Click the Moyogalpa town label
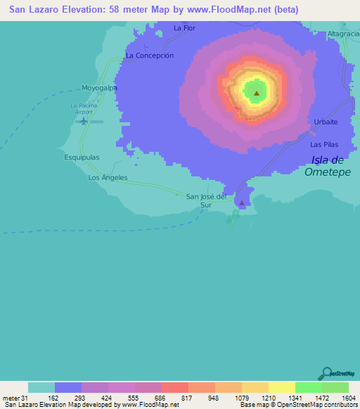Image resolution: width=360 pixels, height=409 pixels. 98,88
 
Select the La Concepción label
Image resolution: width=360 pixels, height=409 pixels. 149,55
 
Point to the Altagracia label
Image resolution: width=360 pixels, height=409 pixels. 343,34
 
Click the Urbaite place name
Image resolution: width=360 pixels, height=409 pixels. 326,122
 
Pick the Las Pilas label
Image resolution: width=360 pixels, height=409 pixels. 324,144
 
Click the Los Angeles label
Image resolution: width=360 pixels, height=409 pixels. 108,178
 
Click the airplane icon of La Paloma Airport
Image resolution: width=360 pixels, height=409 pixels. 84,121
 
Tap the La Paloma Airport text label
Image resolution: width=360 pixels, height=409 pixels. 82,108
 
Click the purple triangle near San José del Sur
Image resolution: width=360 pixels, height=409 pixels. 242,203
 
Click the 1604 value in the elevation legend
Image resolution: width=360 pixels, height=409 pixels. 349,398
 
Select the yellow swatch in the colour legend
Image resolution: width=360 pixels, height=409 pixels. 281,387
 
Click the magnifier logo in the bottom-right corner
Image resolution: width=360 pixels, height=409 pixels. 326,373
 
